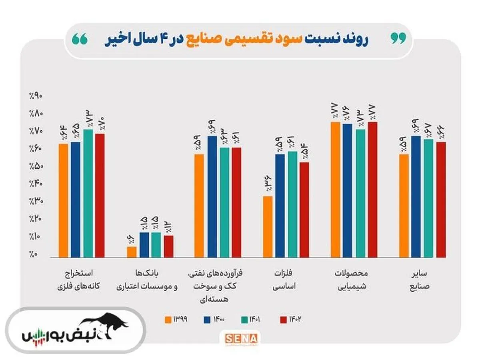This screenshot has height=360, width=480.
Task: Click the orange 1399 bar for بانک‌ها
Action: point(132,252)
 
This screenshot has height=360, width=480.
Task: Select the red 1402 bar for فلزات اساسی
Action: point(304,210)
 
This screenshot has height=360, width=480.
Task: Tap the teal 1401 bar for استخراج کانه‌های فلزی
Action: point(88,193)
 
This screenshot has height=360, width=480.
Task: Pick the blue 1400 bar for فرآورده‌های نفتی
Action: point(212,196)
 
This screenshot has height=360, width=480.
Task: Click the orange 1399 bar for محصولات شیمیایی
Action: point(335,190)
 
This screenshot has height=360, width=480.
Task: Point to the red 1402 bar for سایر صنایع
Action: point(441,200)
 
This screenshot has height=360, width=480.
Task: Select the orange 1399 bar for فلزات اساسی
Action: point(268,226)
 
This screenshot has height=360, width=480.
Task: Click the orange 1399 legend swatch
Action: point(168,319)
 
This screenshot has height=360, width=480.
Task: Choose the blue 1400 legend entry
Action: point(214,319)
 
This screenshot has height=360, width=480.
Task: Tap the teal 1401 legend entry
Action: point(252,319)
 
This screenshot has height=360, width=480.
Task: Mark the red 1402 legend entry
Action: point(290,319)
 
